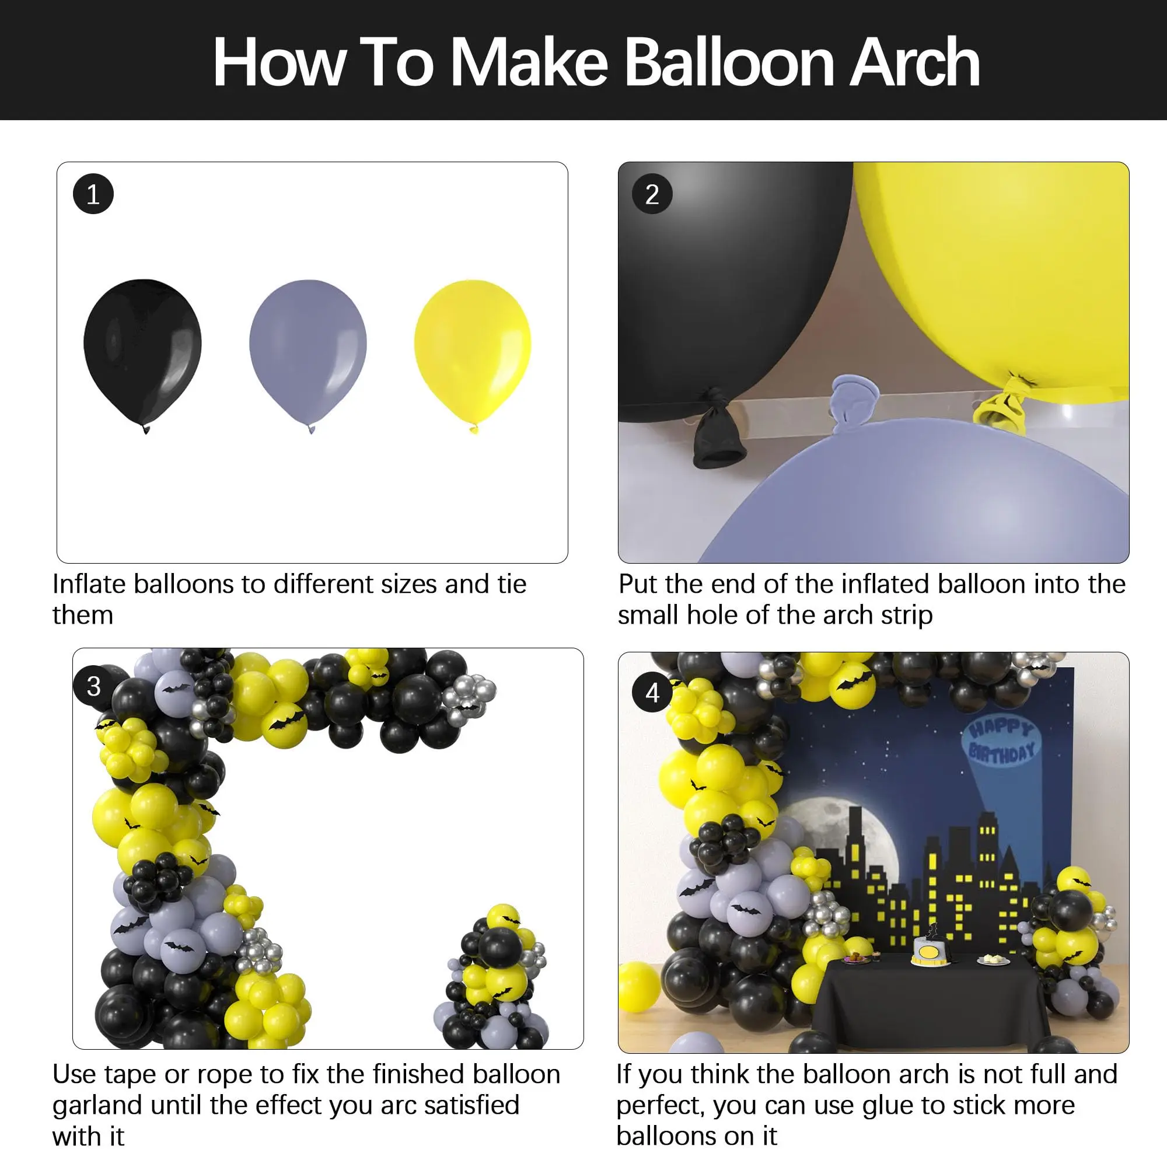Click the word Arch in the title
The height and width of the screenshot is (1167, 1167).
914,63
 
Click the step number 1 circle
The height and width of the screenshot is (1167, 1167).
93,194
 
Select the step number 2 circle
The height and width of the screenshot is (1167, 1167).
652,194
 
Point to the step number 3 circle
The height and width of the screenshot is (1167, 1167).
93,686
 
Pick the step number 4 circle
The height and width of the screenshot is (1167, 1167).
652,692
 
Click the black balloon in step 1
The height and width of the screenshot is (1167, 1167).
142,350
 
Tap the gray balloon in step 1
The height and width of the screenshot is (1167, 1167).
308,350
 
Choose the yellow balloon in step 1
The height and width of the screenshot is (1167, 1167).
473,350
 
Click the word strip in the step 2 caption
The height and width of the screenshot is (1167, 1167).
906,616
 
